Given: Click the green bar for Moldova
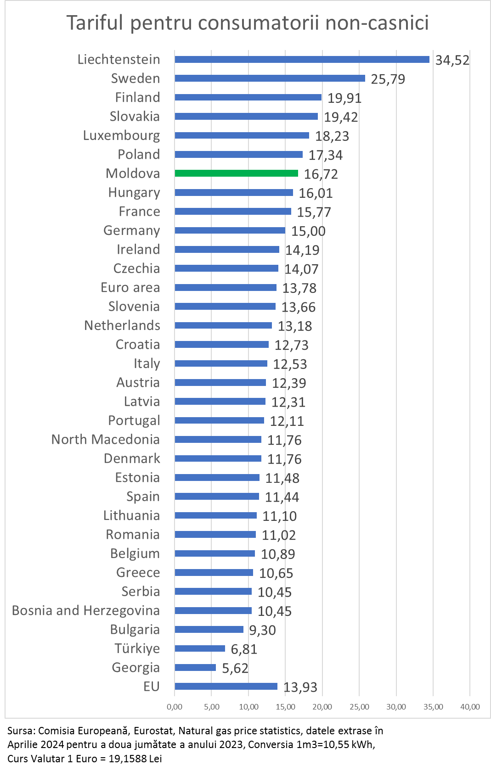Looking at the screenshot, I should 236,173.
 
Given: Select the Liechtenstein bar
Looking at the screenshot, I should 302,60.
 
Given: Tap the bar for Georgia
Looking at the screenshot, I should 195,668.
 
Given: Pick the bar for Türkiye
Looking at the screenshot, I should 200,648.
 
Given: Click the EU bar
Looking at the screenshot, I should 226,687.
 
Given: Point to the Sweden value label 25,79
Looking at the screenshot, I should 388,79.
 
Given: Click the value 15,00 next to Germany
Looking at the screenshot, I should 308,231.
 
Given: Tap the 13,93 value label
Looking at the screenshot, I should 300,687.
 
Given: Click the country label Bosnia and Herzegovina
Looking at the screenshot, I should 86,611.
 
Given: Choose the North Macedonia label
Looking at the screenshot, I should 106,440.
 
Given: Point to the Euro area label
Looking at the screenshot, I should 130,288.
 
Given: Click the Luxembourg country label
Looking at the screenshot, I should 122,136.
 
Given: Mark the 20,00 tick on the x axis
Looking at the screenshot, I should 322,707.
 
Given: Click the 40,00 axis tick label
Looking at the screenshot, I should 470,707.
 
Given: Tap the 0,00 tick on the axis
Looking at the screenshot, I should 175,707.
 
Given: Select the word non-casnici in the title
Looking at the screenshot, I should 377,23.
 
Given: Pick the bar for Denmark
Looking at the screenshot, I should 218,458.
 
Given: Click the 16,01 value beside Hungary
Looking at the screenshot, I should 316,193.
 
